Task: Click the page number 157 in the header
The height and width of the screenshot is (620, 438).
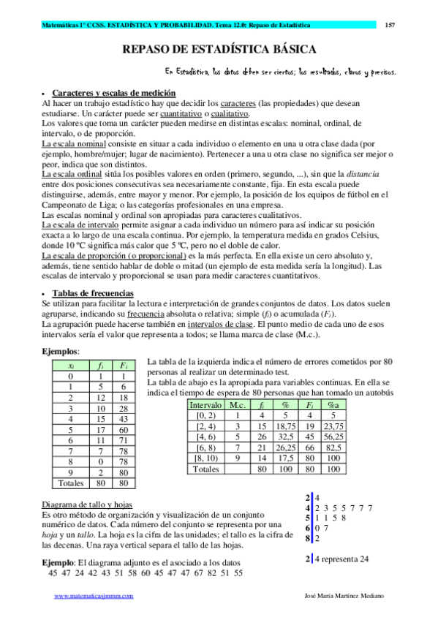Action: click(x=390, y=25)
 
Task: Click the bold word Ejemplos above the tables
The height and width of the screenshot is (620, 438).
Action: click(x=61, y=352)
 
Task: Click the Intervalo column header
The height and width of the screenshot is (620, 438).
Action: click(x=206, y=404)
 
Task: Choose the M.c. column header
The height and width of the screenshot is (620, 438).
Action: click(x=238, y=404)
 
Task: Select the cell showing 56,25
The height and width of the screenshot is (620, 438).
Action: click(x=333, y=437)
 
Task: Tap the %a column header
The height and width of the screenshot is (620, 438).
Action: click(x=333, y=404)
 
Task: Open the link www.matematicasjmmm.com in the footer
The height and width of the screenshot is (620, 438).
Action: click(x=94, y=597)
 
